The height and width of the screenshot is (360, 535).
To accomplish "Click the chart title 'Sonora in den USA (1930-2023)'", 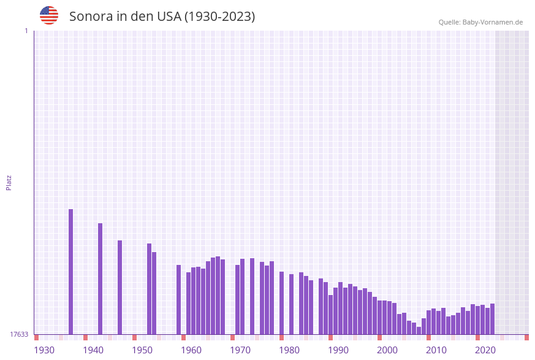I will click(162, 17).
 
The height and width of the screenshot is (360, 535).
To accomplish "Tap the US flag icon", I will click(49, 15).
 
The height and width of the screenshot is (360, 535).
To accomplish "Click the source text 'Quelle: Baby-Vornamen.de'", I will click(480, 22).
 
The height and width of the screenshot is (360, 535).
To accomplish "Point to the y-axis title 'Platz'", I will click(9, 182).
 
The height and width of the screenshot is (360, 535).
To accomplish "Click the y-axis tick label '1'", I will click(26, 31).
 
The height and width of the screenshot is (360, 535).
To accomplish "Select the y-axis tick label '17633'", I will click(19, 334).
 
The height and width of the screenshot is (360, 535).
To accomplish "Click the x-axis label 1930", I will click(44, 350).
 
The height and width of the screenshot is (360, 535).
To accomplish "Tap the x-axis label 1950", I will click(142, 350).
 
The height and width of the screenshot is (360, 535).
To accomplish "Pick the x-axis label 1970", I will click(240, 350).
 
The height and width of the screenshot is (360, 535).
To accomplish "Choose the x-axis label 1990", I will click(338, 350).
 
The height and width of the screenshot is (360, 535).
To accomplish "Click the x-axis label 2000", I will click(387, 350).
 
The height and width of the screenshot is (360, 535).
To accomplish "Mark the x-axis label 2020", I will click(485, 350).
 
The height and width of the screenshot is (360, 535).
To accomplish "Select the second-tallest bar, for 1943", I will click(101, 279).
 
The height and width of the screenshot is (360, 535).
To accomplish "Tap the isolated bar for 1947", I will click(120, 288).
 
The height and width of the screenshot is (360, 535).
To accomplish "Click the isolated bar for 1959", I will click(179, 300).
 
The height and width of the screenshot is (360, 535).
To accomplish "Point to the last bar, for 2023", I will click(493, 319).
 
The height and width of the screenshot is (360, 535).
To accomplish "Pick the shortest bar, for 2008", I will click(419, 331).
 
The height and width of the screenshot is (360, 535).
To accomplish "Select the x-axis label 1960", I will click(191, 350).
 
